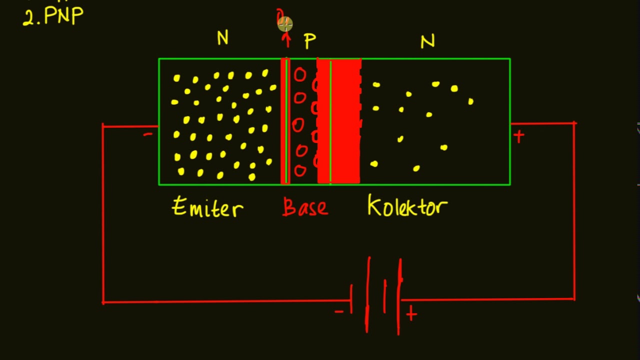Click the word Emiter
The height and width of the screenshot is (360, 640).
pyautogui.click(x=207, y=207)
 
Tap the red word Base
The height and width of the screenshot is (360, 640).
pyautogui.click(x=305, y=207)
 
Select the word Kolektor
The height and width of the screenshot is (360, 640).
pyautogui.click(x=407, y=206)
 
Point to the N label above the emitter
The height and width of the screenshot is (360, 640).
pyautogui.click(x=222, y=38)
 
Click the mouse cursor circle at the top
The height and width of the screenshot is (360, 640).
pyautogui.click(x=284, y=23)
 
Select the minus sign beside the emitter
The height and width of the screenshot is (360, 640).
pyautogui.click(x=148, y=134)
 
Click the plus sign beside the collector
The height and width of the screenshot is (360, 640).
pyautogui.click(x=518, y=136)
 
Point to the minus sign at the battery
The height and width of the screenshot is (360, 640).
pyautogui.click(x=339, y=312)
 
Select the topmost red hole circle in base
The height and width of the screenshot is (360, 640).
pyautogui.click(x=300, y=75)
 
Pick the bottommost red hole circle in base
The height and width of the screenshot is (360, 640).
pyautogui.click(x=300, y=171)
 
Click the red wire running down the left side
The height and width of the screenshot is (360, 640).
pyautogui.click(x=103, y=215)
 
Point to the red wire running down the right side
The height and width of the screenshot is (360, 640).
pyautogui.click(x=574, y=210)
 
